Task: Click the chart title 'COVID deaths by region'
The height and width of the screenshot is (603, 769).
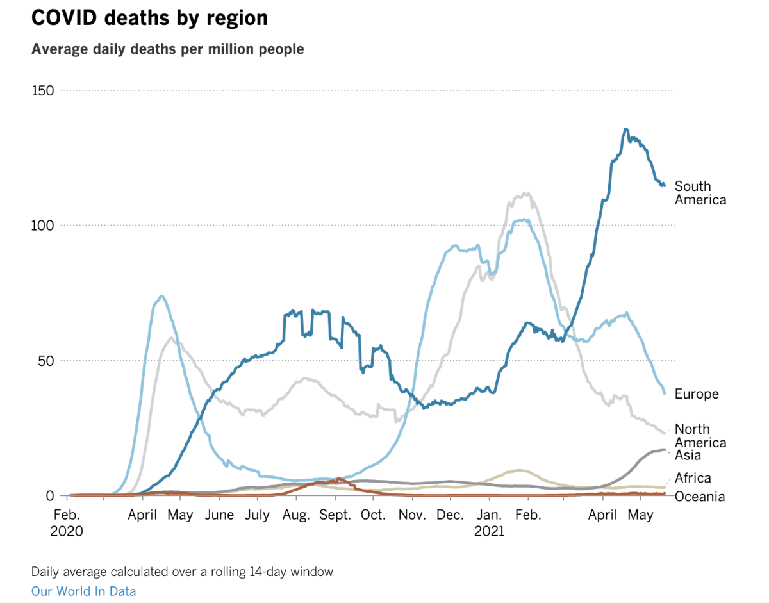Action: (x=149, y=19)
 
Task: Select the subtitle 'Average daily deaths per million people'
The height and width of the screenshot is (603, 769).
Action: (x=168, y=49)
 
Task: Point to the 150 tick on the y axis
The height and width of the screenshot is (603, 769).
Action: (x=43, y=90)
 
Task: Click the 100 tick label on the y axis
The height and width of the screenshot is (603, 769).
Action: (x=43, y=226)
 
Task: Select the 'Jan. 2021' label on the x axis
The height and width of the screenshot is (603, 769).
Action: (x=490, y=523)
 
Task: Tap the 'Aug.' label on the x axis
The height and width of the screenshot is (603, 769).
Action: (x=296, y=515)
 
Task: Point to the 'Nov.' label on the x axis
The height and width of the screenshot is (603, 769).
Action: (x=411, y=515)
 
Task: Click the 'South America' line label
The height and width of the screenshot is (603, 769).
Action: (x=700, y=193)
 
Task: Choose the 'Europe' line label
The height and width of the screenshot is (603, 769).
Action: (x=697, y=394)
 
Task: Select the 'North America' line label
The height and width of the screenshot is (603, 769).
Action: (x=700, y=436)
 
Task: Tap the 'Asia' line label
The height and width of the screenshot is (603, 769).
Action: (x=688, y=456)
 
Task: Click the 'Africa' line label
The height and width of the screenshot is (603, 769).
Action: (x=693, y=478)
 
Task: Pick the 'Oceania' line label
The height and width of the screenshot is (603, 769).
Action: (x=700, y=497)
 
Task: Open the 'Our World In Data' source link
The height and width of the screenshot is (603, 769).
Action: (x=83, y=591)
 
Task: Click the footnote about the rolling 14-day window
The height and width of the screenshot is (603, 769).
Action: (x=182, y=572)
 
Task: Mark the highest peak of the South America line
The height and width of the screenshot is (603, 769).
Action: (x=626, y=129)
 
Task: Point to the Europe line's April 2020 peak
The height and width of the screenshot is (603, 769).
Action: (x=161, y=295)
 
